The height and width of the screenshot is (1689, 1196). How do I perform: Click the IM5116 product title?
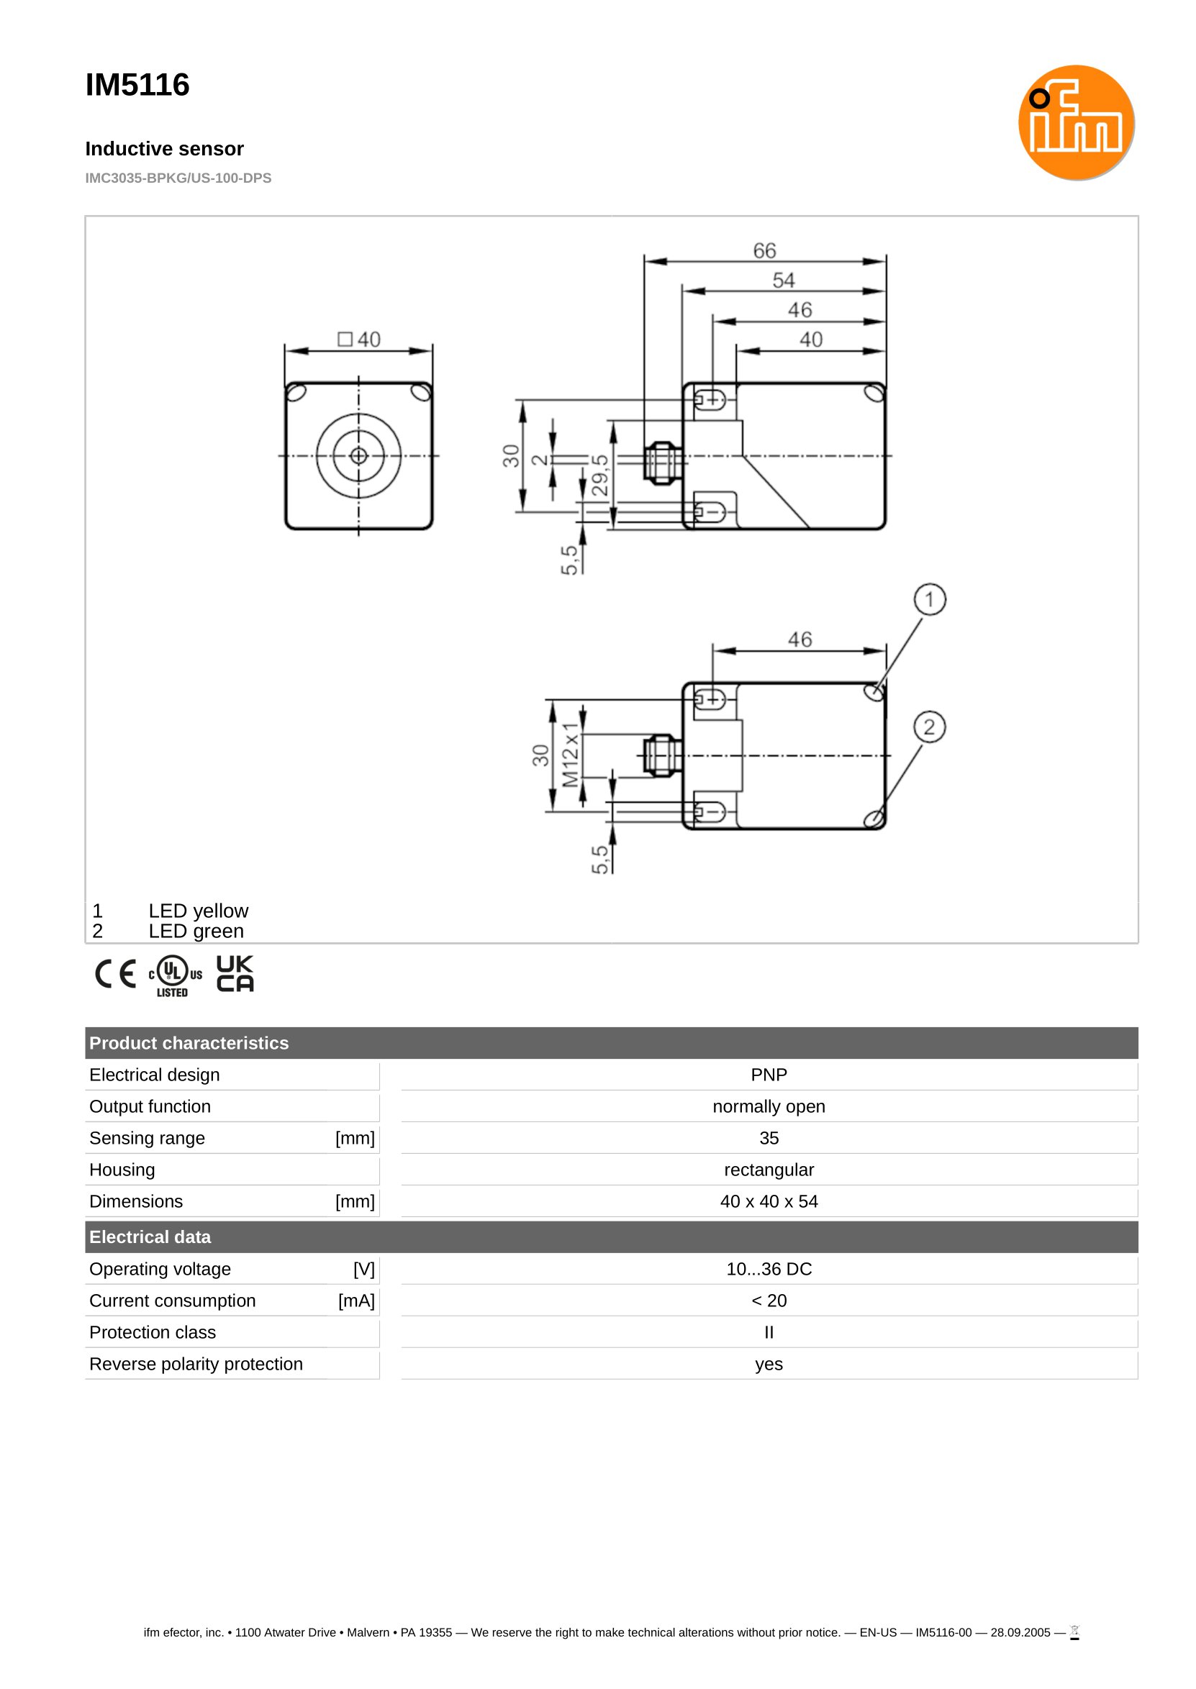tap(137, 85)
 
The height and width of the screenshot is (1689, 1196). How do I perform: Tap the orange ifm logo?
tap(1075, 122)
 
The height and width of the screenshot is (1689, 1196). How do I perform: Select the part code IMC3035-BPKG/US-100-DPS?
tap(178, 178)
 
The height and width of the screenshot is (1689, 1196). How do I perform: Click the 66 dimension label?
tap(764, 251)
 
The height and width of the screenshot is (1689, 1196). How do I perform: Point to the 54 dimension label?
tap(783, 281)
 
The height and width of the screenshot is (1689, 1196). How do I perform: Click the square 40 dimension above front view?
tap(359, 340)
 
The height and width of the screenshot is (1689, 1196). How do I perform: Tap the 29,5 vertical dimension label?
tap(600, 475)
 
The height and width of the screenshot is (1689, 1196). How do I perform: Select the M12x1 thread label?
tap(570, 755)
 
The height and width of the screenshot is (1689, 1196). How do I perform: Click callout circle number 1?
tap(930, 600)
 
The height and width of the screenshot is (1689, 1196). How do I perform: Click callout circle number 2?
tap(930, 727)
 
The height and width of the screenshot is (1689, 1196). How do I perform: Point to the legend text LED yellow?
tap(198, 911)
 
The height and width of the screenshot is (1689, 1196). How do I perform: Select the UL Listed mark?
tap(175, 975)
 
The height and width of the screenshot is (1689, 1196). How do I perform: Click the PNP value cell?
tap(768, 1075)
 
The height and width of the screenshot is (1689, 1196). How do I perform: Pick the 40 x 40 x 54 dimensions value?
tap(768, 1201)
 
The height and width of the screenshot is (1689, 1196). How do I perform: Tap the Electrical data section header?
tap(150, 1237)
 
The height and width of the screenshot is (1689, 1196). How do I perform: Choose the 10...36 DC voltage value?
tap(768, 1269)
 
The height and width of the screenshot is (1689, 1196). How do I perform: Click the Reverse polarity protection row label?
tap(196, 1364)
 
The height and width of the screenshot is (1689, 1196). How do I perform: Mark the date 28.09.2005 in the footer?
tap(1020, 1632)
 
